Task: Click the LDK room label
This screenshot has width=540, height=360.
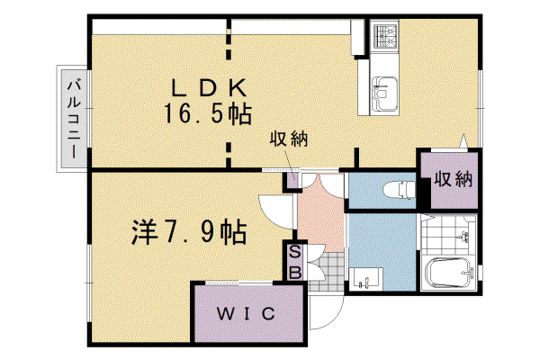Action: click(209, 88)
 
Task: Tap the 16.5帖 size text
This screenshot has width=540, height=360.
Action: click(208, 114)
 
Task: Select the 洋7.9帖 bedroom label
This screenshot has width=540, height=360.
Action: click(189, 232)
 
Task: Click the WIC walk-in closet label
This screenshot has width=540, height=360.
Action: click(246, 313)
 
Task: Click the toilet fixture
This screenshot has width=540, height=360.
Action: click(399, 190)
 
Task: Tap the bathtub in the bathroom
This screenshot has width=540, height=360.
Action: click(447, 273)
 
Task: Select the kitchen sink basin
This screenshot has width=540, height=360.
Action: click(384, 94)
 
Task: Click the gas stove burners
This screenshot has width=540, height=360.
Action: click(384, 36)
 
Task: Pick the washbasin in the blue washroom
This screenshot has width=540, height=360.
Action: click(366, 279)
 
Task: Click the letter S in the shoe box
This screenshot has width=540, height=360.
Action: click(294, 252)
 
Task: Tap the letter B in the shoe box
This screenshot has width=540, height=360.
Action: click(294, 272)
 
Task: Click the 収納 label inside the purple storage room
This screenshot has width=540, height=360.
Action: click(453, 179)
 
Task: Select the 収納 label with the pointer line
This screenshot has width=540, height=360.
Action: click(288, 139)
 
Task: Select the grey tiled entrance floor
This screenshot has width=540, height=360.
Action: click(326, 272)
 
